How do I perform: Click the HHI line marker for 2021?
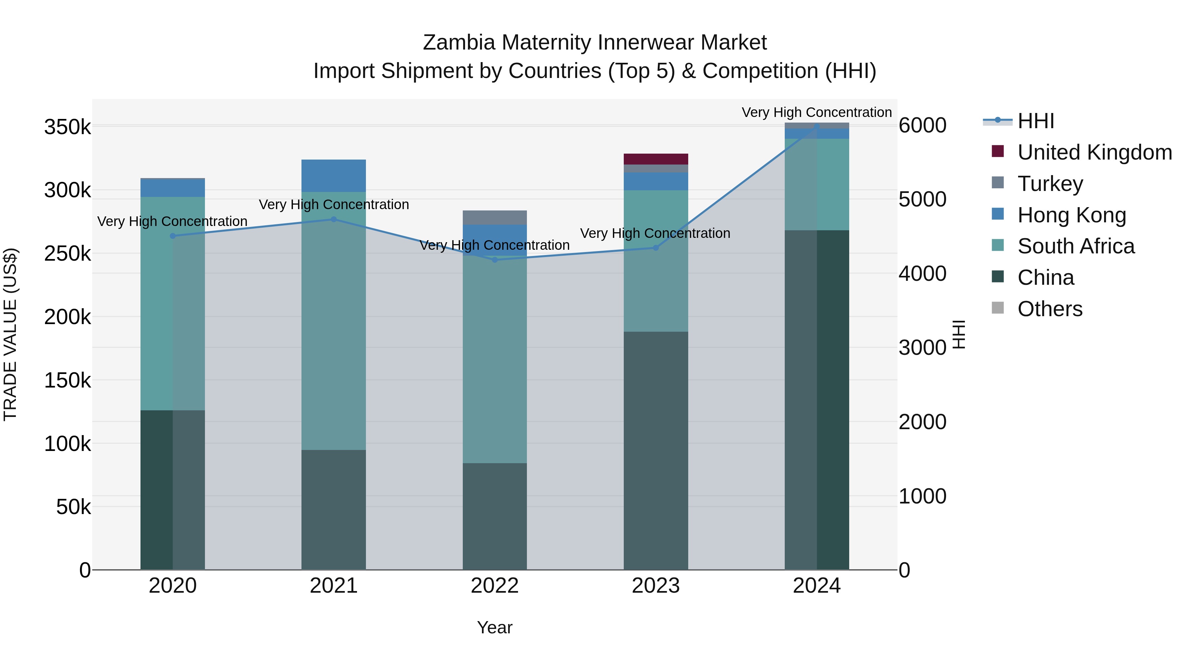[334, 219]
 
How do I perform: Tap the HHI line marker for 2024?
[817, 126]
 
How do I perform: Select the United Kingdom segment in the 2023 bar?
[655, 159]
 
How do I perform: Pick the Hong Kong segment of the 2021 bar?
[334, 175]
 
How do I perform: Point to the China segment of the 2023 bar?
[655, 450]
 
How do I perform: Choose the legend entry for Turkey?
[1050, 184]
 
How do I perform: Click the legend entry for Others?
[1050, 309]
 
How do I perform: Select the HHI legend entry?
[1035, 121]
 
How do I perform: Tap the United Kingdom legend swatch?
[998, 151]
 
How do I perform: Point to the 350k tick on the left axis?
[67, 127]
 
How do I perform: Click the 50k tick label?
[73, 507]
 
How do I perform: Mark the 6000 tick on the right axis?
[922, 125]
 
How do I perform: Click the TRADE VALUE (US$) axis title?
[10, 334]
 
